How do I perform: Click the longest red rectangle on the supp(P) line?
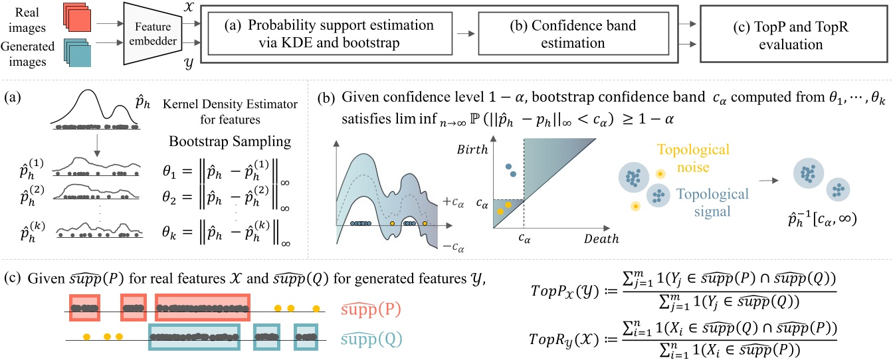point(203,308)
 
